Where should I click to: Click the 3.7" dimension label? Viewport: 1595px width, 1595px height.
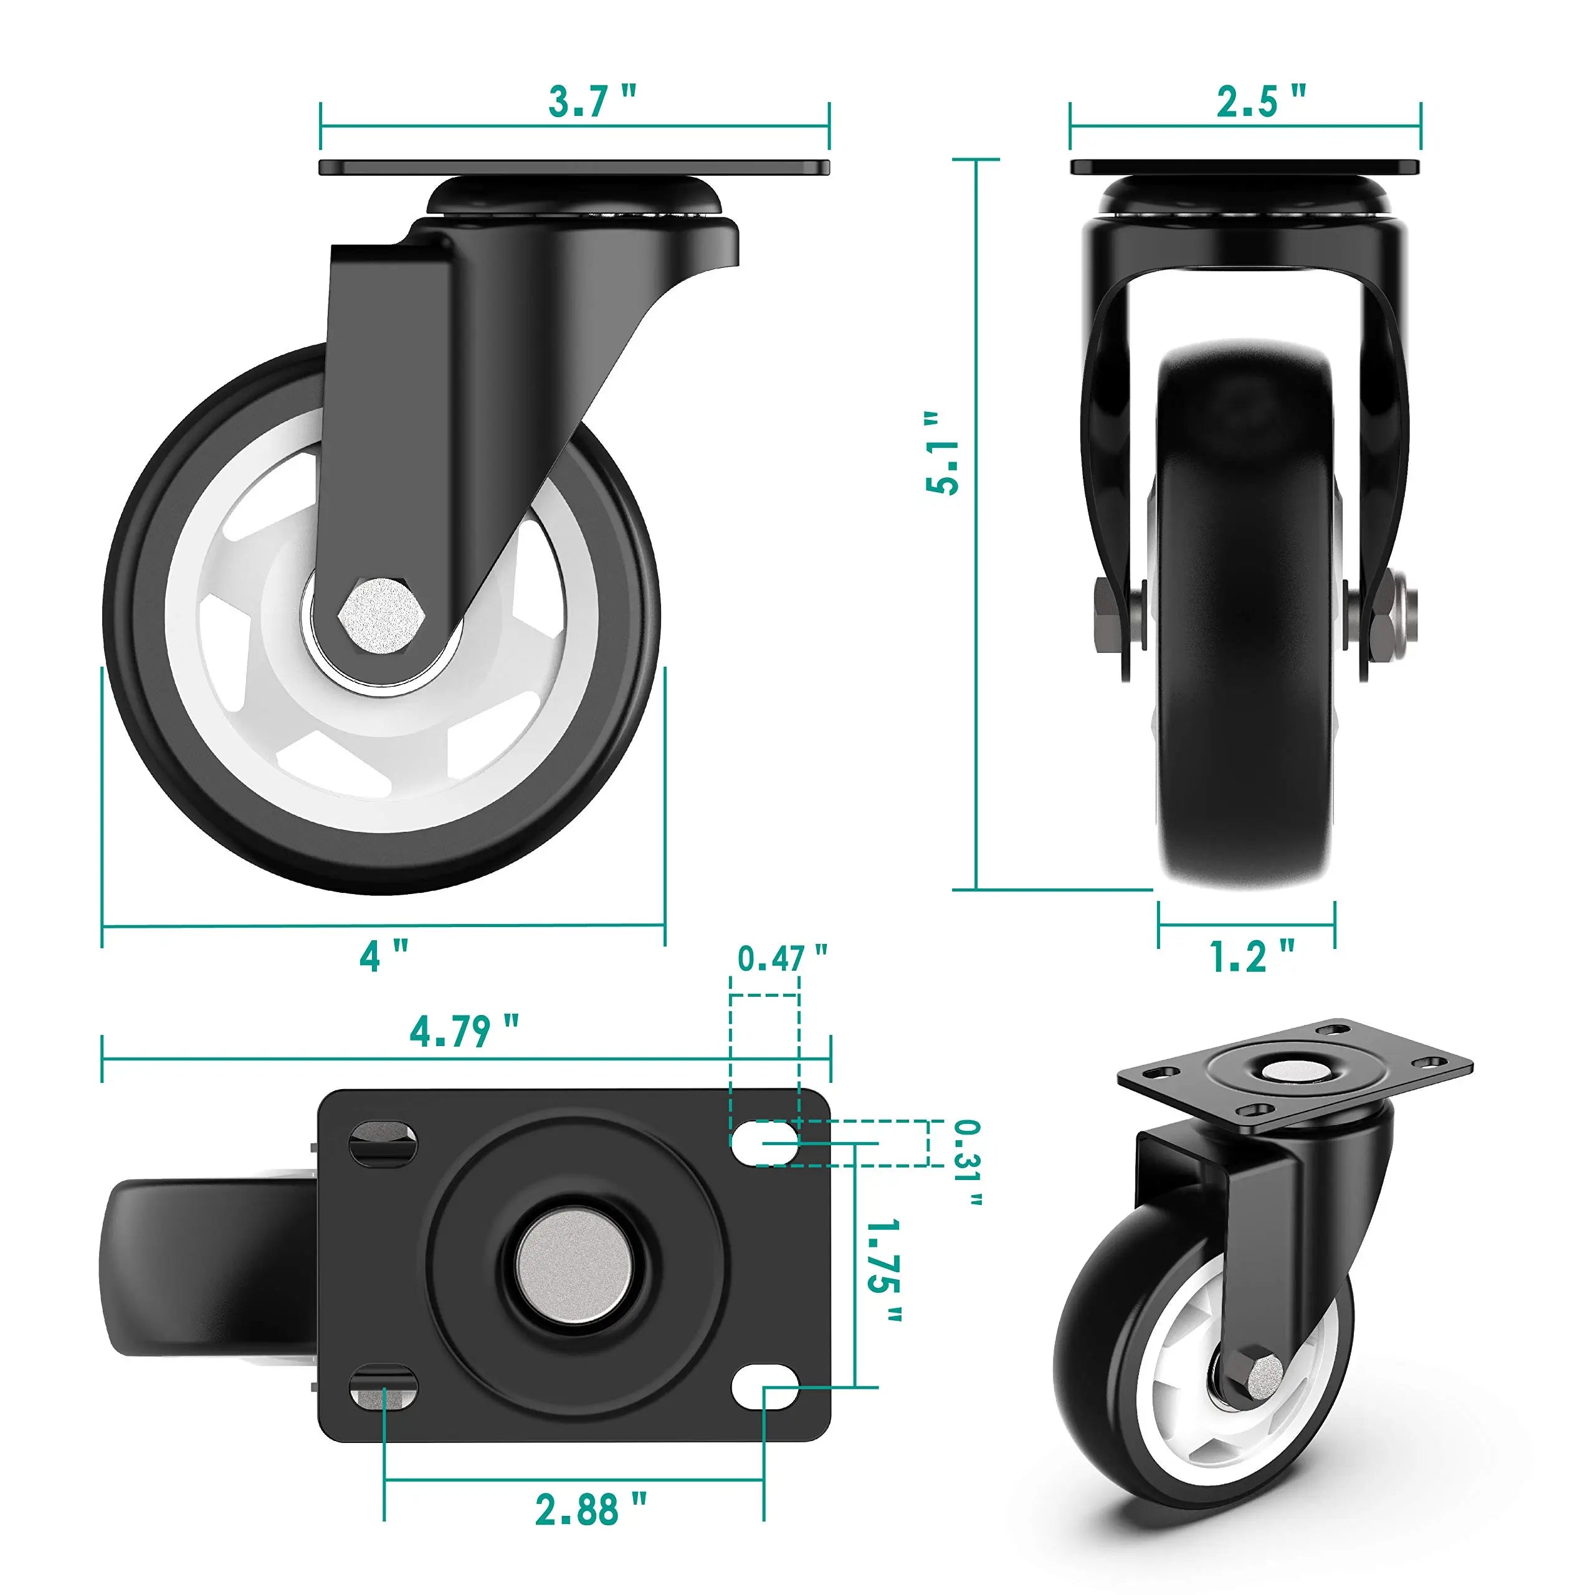click(x=592, y=102)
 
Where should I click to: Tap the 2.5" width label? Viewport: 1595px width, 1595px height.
click(x=1260, y=102)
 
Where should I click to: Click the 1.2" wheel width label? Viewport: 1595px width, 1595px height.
click(x=1250, y=956)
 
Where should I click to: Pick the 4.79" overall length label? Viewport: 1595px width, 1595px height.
click(x=465, y=1031)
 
